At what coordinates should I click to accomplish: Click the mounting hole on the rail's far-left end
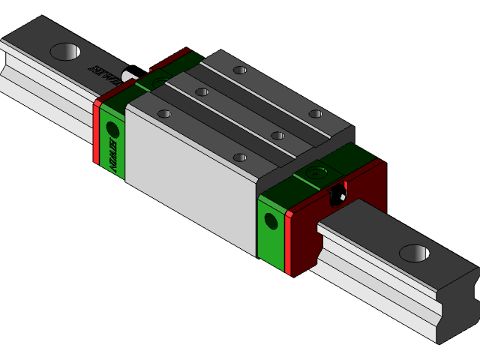click(x=65, y=51)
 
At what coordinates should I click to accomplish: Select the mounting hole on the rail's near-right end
click(x=414, y=253)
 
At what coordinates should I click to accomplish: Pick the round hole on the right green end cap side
click(x=271, y=220)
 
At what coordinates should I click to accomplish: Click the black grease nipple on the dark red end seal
click(x=338, y=195)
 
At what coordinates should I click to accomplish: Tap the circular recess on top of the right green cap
click(x=318, y=172)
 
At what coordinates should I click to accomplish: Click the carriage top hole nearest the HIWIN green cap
click(x=163, y=114)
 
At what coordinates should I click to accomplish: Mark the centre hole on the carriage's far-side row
click(x=277, y=135)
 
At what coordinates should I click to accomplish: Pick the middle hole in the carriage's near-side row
click(x=202, y=92)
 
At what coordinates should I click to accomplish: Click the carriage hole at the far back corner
click(x=239, y=70)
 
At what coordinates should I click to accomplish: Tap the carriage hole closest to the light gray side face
click(x=240, y=157)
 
